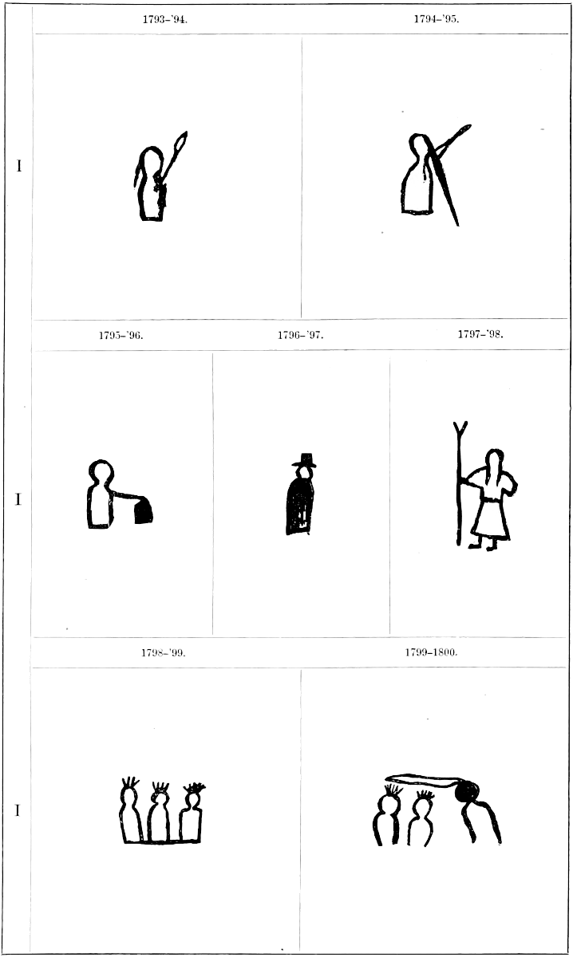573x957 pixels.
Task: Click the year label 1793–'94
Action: click(x=165, y=20)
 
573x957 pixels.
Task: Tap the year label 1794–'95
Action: click(x=437, y=19)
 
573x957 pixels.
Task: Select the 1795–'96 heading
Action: click(x=121, y=336)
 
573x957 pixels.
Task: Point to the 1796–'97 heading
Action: click(x=301, y=336)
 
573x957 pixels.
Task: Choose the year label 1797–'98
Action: click(x=480, y=334)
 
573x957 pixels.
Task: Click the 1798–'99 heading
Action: click(x=164, y=653)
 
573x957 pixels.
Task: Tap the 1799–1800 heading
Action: click(x=432, y=652)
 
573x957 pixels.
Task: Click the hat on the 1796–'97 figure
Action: click(x=305, y=459)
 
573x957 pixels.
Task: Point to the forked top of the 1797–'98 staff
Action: click(x=460, y=427)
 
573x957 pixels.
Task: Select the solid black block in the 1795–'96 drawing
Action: click(x=144, y=512)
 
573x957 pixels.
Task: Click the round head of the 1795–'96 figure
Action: click(x=101, y=471)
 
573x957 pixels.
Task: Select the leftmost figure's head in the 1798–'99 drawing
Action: click(x=128, y=797)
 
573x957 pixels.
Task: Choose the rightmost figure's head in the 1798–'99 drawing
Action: click(x=193, y=798)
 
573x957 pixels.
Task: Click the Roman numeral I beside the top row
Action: click(x=19, y=166)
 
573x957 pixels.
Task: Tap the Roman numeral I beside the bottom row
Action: click(x=18, y=810)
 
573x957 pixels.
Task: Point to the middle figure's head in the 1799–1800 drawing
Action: click(x=422, y=806)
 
